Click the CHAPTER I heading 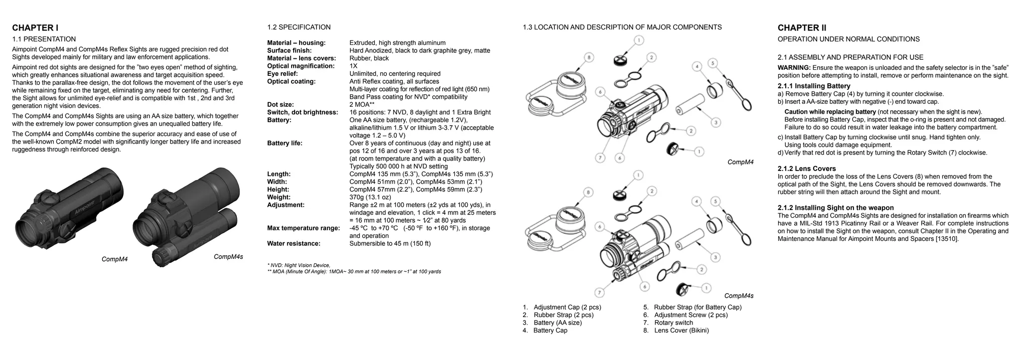[35, 28]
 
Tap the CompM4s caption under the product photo [228, 257]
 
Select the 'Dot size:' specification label [280, 105]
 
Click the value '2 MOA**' [361, 105]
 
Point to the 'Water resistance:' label [294, 244]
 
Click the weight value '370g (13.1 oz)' [370, 197]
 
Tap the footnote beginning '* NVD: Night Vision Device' [299, 265]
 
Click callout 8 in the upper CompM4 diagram [589, 58]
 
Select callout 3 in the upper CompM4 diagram [715, 122]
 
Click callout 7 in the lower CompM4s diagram [600, 293]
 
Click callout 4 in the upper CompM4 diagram [697, 66]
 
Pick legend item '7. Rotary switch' [668, 323]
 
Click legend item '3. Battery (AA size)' [552, 323]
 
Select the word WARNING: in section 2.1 [794, 68]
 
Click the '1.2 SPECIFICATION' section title [299, 27]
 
